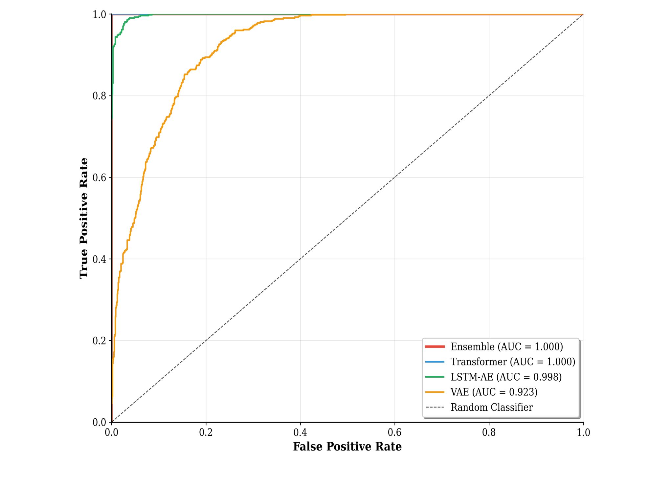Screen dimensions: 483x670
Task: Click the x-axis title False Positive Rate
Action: (x=347, y=447)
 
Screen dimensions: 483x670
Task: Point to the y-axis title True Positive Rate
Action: (x=84, y=218)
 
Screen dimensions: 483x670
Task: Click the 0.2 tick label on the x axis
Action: (x=206, y=432)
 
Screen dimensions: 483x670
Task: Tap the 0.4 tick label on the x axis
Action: (x=300, y=432)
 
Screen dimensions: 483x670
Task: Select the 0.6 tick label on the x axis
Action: (x=394, y=432)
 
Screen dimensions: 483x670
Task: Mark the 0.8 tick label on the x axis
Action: (x=489, y=432)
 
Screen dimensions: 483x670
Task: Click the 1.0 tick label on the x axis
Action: (x=583, y=432)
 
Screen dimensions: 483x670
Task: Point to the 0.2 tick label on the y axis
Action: (x=99, y=341)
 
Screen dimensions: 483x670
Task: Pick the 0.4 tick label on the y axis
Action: (x=99, y=259)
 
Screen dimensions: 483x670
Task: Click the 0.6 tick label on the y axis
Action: (x=99, y=178)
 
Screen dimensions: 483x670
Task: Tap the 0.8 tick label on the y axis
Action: (x=99, y=96)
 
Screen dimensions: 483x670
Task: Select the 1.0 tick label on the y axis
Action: (x=99, y=15)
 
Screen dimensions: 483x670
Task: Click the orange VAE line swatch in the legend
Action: (x=435, y=392)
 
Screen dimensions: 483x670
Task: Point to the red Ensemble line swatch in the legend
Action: (x=435, y=347)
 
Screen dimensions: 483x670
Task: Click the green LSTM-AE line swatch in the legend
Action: (x=435, y=377)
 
